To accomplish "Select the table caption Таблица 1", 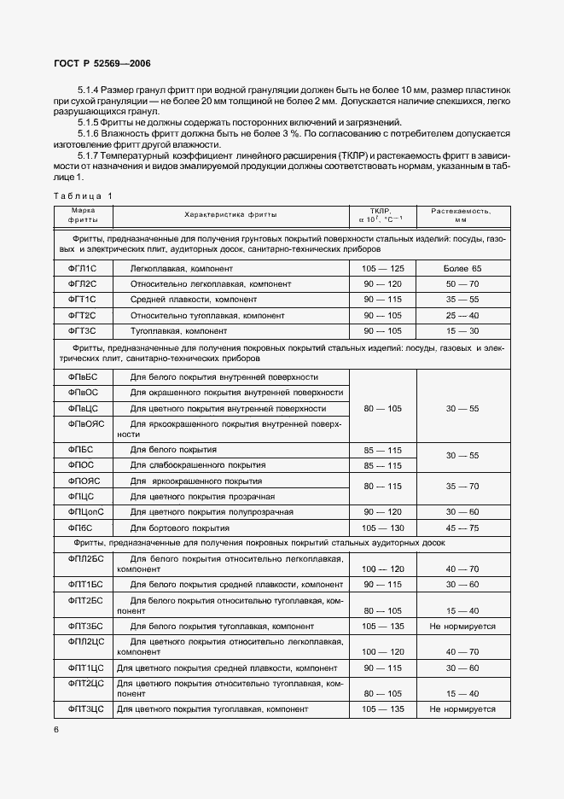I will click(82, 195).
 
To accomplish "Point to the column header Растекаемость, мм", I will click(462, 214).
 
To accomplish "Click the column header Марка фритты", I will click(82, 214).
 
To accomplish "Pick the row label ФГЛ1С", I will click(82, 269).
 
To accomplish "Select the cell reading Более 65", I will click(462, 269).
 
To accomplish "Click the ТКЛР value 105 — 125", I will click(382, 269).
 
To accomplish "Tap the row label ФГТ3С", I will click(82, 330).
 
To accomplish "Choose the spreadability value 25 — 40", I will click(462, 315).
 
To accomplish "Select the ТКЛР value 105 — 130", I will click(382, 528).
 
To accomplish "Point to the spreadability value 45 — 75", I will click(462, 528).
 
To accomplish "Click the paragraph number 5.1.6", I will click(93, 133).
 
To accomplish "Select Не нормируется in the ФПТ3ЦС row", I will click(462, 709).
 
